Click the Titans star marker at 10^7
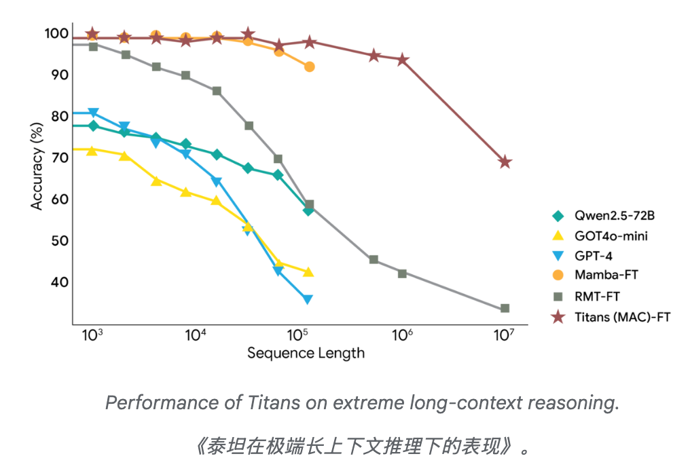coord(505,162)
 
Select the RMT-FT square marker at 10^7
coord(505,308)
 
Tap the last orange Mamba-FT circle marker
coord(310,67)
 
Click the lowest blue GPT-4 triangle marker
coord(308,299)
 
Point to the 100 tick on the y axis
coord(56,33)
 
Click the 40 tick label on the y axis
coord(59,282)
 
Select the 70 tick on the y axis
coord(59,157)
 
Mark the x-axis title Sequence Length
coord(306,353)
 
